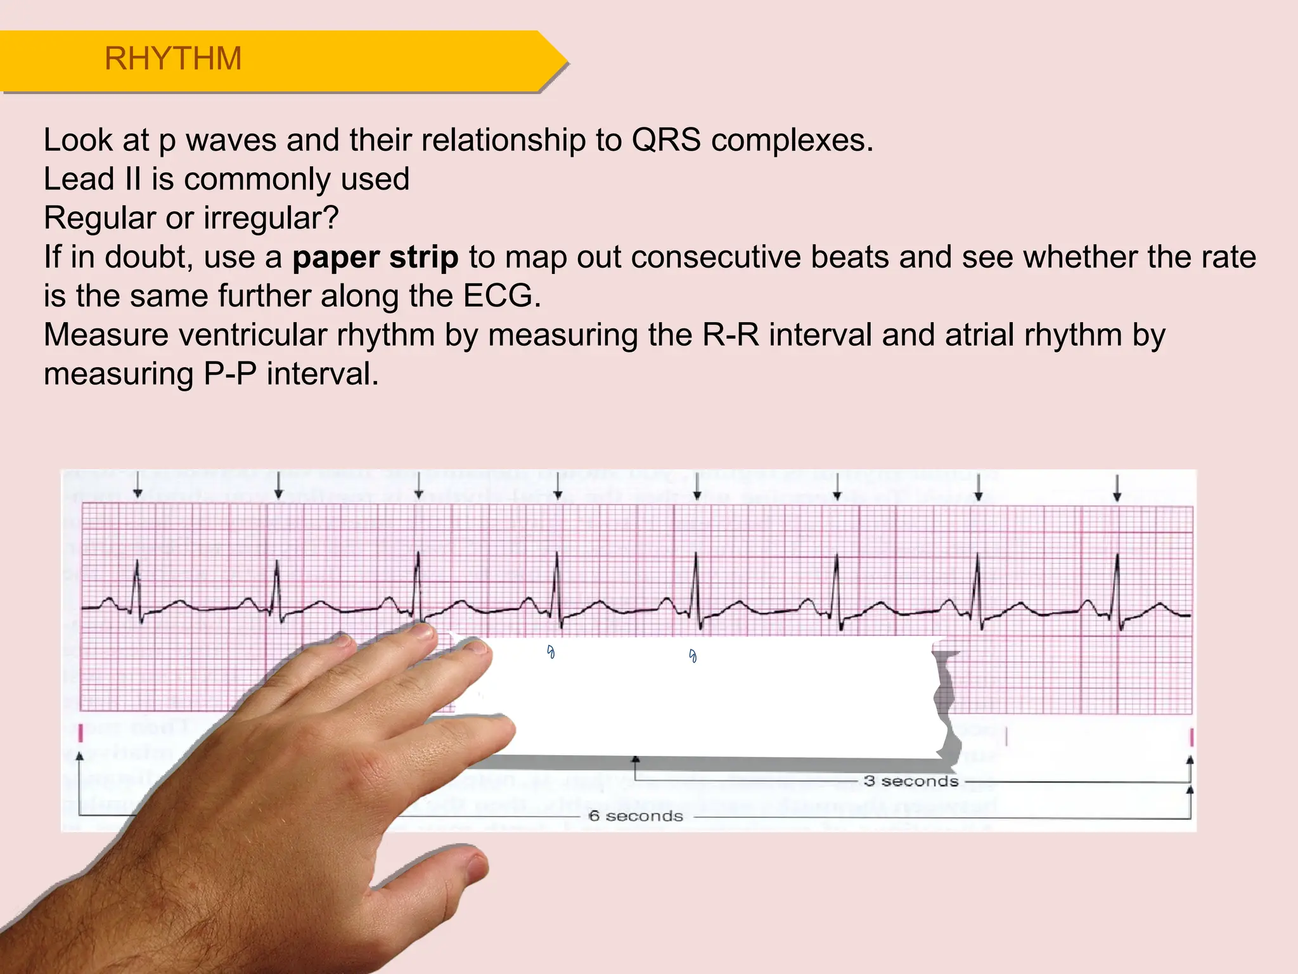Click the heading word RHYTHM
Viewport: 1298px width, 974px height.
click(x=173, y=59)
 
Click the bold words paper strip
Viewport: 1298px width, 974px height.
click(x=375, y=257)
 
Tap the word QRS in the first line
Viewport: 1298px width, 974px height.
click(x=666, y=140)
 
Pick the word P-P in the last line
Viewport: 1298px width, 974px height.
click(x=229, y=374)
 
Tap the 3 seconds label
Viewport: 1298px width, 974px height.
click(x=911, y=781)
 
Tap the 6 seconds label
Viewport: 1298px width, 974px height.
click(x=636, y=816)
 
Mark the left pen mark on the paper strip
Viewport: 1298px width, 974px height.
click(x=551, y=651)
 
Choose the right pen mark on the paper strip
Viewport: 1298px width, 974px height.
click(x=693, y=656)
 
